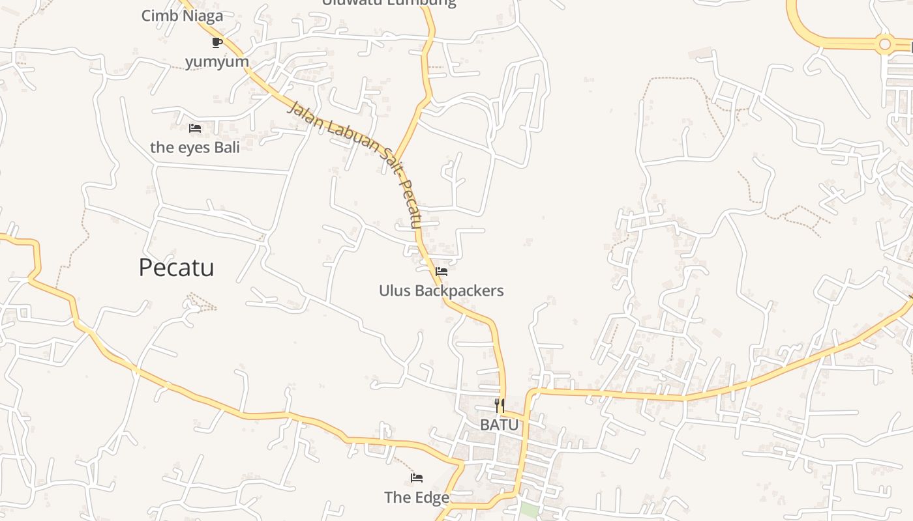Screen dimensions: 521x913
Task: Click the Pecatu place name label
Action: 176,268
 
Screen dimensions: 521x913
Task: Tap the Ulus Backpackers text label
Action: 442,290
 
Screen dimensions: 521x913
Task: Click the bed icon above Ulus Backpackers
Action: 442,272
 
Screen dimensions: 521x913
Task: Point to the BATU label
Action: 500,425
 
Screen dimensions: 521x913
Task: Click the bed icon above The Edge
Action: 417,479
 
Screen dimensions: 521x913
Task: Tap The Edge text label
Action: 417,498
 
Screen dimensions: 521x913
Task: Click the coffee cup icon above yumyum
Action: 217,43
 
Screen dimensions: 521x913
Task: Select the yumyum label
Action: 217,62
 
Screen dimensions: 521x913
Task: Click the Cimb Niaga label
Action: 183,16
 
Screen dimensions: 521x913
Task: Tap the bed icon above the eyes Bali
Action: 194,128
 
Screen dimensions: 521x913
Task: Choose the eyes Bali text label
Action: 195,147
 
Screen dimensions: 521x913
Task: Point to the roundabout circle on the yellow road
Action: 885,44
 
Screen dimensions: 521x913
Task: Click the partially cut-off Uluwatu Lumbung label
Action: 389,3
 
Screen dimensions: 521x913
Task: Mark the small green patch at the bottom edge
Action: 530,511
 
